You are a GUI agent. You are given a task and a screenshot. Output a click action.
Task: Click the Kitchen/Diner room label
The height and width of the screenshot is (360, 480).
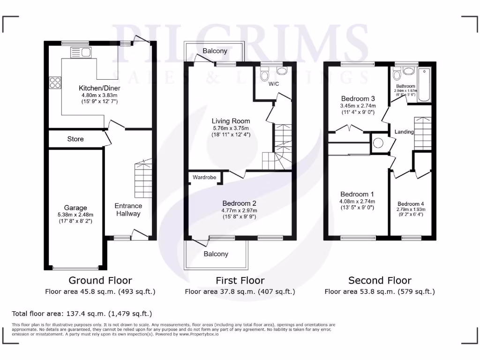click(99, 88)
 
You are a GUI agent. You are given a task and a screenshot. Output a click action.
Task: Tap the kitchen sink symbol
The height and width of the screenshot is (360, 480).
click(81, 52)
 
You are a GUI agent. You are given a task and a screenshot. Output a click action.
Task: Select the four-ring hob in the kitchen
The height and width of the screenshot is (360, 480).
click(55, 82)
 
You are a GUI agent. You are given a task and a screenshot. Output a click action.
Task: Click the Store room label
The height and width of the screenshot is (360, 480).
click(75, 139)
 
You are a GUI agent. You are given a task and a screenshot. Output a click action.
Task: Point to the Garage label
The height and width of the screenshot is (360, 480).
click(75, 208)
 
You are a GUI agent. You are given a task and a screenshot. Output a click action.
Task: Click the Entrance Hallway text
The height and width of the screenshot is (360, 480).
click(128, 210)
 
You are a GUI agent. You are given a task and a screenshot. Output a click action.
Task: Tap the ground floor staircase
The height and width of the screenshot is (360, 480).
click(143, 179)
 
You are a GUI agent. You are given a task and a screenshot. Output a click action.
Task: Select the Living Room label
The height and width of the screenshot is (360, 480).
click(231, 121)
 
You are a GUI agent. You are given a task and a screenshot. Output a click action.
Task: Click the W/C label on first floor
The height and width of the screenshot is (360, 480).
click(274, 85)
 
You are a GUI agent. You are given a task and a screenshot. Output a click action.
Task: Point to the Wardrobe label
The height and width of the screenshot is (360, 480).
click(204, 178)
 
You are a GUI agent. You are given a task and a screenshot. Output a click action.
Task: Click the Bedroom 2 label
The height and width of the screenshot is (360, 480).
click(239, 203)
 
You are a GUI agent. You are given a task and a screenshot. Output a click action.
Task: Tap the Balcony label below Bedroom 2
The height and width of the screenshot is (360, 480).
click(216, 254)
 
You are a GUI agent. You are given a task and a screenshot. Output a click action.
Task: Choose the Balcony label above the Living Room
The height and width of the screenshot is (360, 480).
click(215, 51)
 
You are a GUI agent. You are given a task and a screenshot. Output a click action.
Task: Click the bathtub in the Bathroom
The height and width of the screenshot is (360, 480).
click(424, 85)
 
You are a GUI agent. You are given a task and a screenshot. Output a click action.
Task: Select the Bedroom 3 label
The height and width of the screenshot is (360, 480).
click(358, 99)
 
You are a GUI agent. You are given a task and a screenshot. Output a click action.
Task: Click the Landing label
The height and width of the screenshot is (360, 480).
click(404, 132)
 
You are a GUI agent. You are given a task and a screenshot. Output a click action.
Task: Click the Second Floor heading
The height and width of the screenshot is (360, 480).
click(380, 280)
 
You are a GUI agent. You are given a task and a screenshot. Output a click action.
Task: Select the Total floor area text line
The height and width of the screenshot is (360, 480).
click(82, 313)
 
